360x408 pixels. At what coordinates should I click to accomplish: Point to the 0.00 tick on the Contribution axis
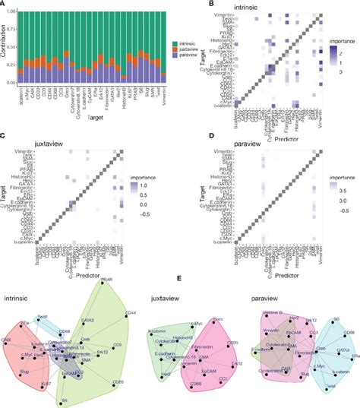tap(14, 82)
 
